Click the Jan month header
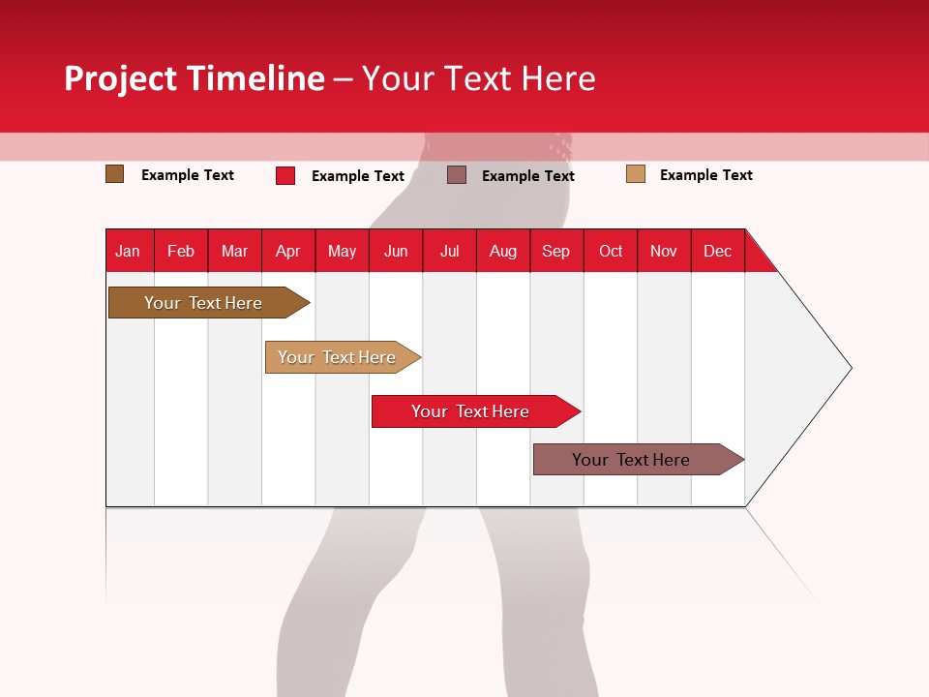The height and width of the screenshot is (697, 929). point(129,251)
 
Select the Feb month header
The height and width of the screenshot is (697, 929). point(181,251)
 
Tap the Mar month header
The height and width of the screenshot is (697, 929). point(234,251)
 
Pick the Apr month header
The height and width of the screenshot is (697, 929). point(288,251)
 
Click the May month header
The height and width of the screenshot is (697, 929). point(342,251)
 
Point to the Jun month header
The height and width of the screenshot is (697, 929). point(396,251)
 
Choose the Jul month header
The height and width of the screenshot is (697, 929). point(449,251)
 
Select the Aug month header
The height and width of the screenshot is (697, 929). point(503,251)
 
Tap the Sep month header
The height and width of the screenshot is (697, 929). point(556,251)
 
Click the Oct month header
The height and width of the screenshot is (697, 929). point(611,251)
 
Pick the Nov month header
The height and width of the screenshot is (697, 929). point(664,251)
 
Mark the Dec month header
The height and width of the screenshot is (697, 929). point(717,251)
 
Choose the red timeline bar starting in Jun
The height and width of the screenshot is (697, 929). point(471,411)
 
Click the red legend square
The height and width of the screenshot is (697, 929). point(285,175)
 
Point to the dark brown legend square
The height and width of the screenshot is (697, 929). point(115,174)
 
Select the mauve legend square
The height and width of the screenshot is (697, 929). point(457,175)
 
